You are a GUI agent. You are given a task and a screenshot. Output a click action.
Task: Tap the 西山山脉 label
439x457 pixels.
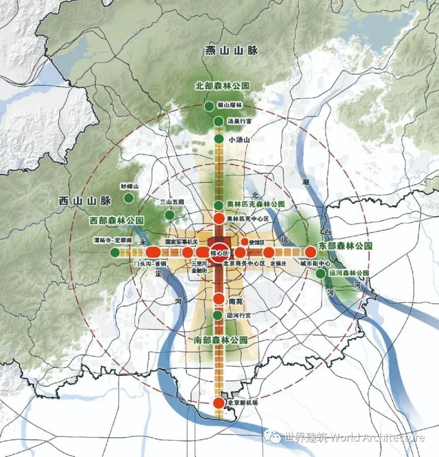[85, 201]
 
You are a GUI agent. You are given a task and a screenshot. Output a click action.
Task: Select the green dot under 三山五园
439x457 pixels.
[169, 215]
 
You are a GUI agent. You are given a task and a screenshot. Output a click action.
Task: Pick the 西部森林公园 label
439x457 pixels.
[117, 221]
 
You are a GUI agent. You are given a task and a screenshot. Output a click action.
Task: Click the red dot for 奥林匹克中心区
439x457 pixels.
[219, 218]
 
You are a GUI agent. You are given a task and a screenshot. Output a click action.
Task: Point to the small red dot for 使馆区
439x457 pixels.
[245, 242]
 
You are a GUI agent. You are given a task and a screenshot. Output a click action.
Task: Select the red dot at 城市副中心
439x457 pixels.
[310, 252]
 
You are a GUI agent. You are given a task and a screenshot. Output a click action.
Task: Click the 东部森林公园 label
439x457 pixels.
[341, 246]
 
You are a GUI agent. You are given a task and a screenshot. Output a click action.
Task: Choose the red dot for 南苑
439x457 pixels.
[219, 299]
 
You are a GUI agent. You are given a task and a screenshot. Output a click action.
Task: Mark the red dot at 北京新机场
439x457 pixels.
[218, 403]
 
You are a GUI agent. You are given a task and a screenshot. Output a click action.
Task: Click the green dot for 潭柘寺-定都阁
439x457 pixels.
[115, 252]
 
